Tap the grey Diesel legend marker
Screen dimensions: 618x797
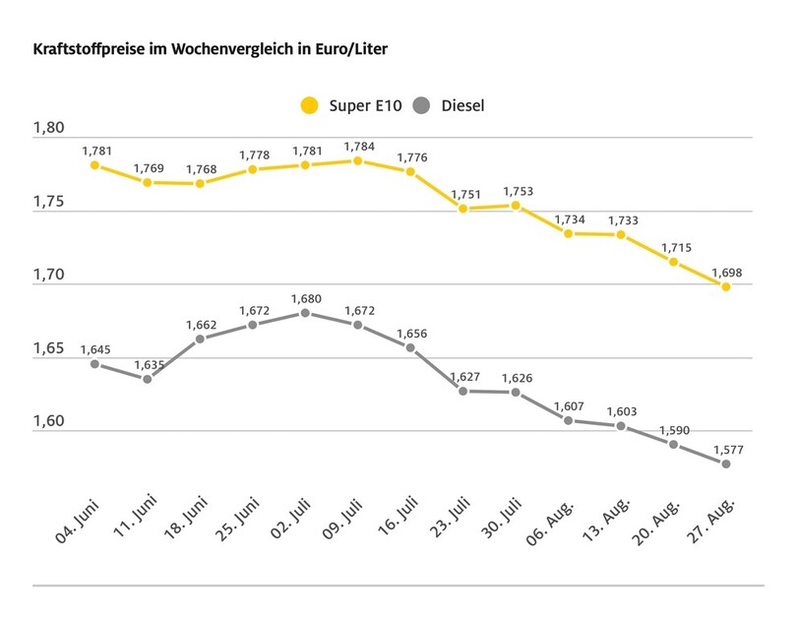click(x=423, y=104)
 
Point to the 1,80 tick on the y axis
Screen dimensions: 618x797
click(x=48, y=129)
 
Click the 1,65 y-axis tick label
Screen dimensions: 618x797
click(x=48, y=349)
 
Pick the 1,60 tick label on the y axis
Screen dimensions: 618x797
click(x=48, y=422)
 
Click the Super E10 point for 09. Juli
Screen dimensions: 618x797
click(x=357, y=160)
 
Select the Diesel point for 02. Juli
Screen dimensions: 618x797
click(x=305, y=313)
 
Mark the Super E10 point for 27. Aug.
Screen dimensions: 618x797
click(x=726, y=286)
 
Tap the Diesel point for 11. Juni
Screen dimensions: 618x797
click(x=147, y=379)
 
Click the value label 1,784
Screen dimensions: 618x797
click(x=357, y=145)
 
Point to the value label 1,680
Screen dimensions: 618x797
click(x=305, y=297)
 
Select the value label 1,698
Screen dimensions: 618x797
click(x=726, y=271)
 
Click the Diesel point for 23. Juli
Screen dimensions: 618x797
click(x=463, y=391)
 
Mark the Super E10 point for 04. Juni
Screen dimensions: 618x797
click(x=94, y=165)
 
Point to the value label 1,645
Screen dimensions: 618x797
click(x=94, y=348)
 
